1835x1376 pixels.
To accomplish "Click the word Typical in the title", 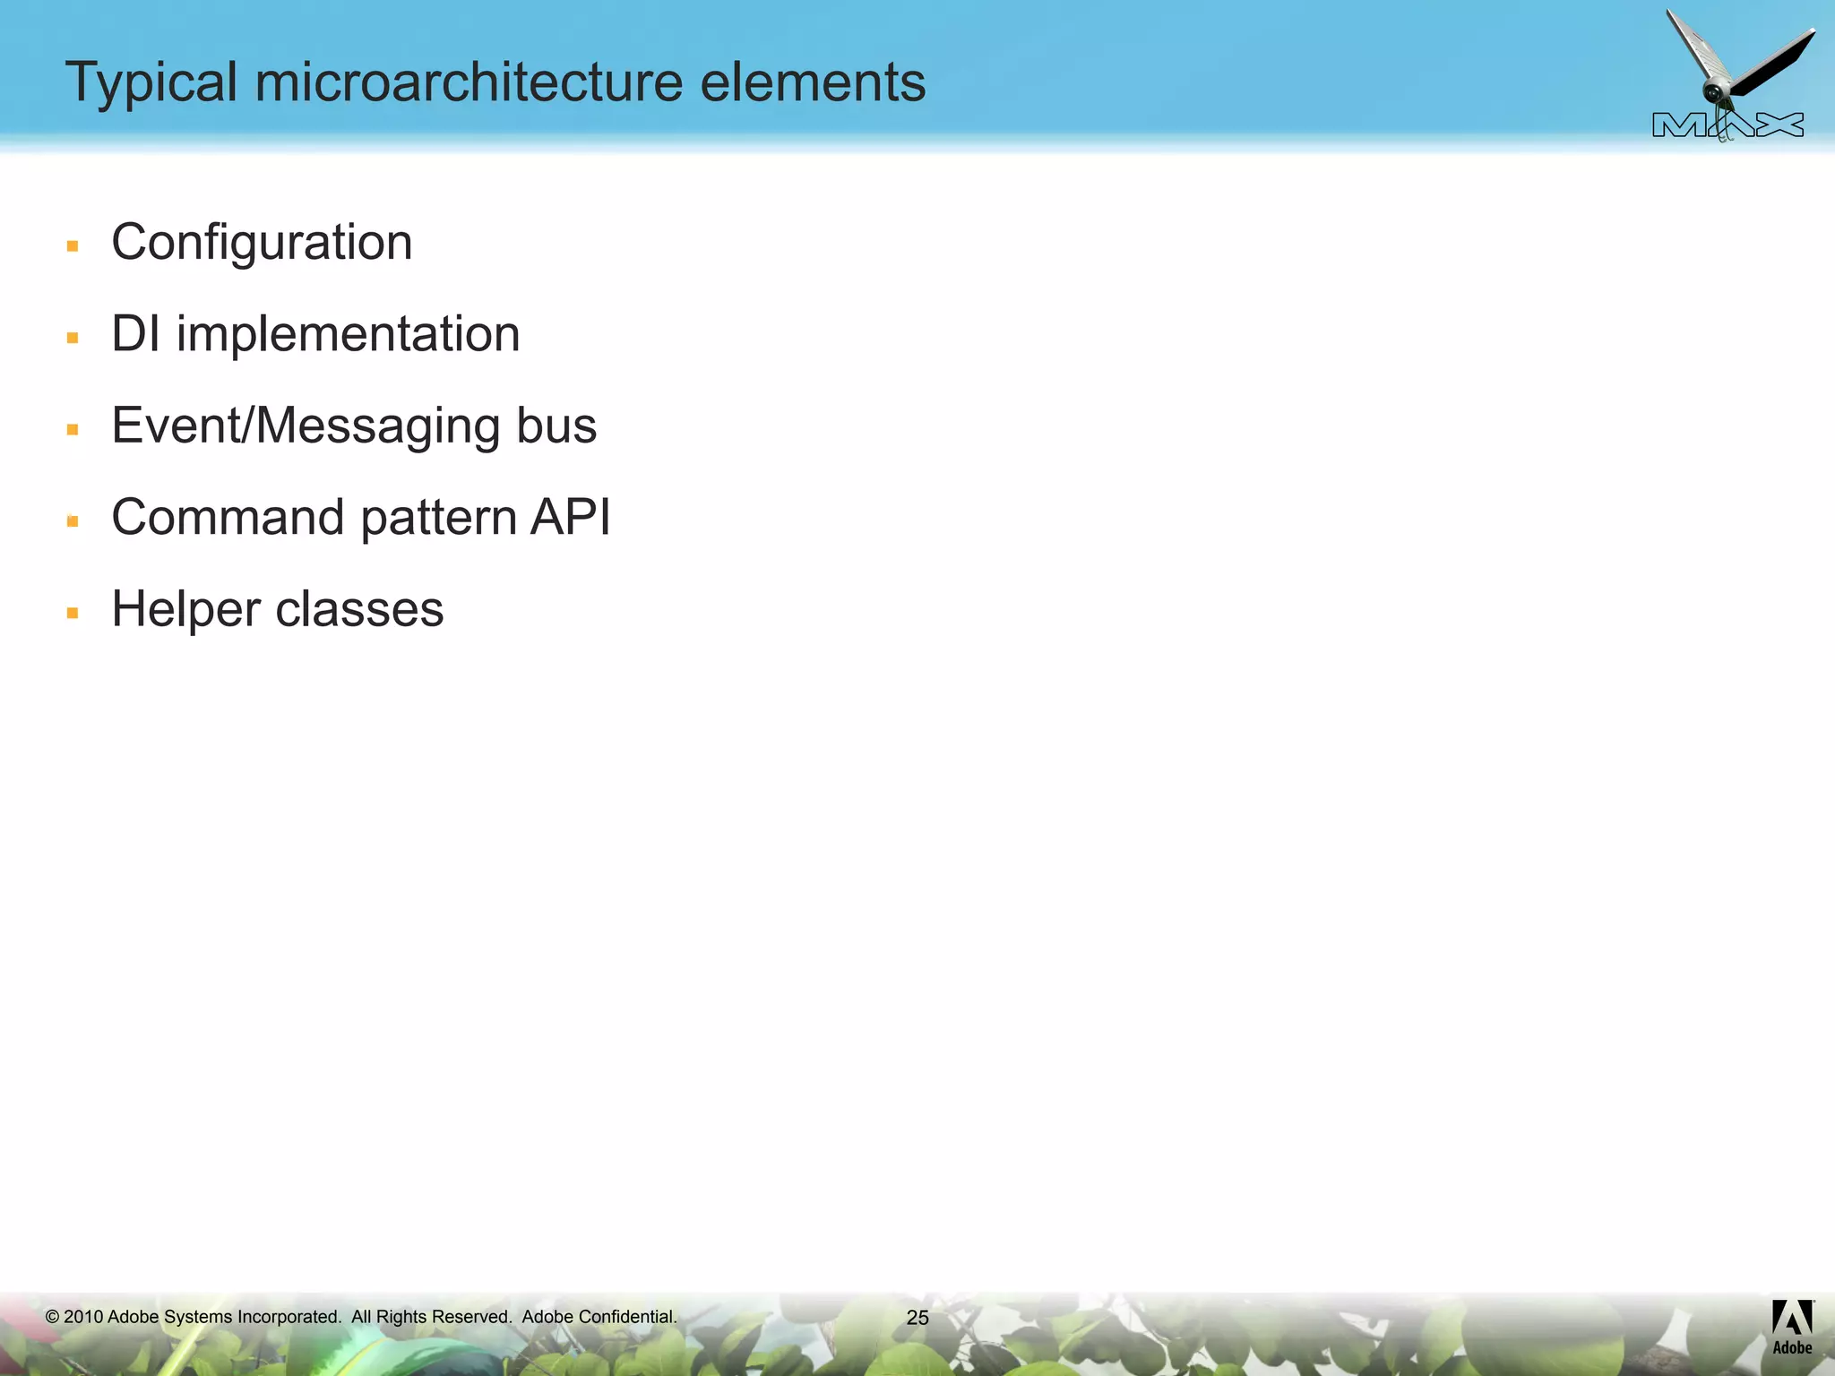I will tap(151, 83).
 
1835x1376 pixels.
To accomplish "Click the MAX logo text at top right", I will tap(1727, 125).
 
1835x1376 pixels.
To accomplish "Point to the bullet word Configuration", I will tap(262, 243).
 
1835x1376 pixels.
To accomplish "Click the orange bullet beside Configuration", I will tap(73, 245).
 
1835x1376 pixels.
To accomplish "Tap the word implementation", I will tap(348, 335).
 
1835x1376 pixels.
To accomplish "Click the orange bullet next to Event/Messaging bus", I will tap(73, 429).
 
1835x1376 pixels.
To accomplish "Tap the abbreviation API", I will tap(571, 518).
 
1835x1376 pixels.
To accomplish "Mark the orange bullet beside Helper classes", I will tap(73, 613).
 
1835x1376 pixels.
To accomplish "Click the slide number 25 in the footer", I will tap(917, 1317).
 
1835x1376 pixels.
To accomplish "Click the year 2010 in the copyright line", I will tap(83, 1317).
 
